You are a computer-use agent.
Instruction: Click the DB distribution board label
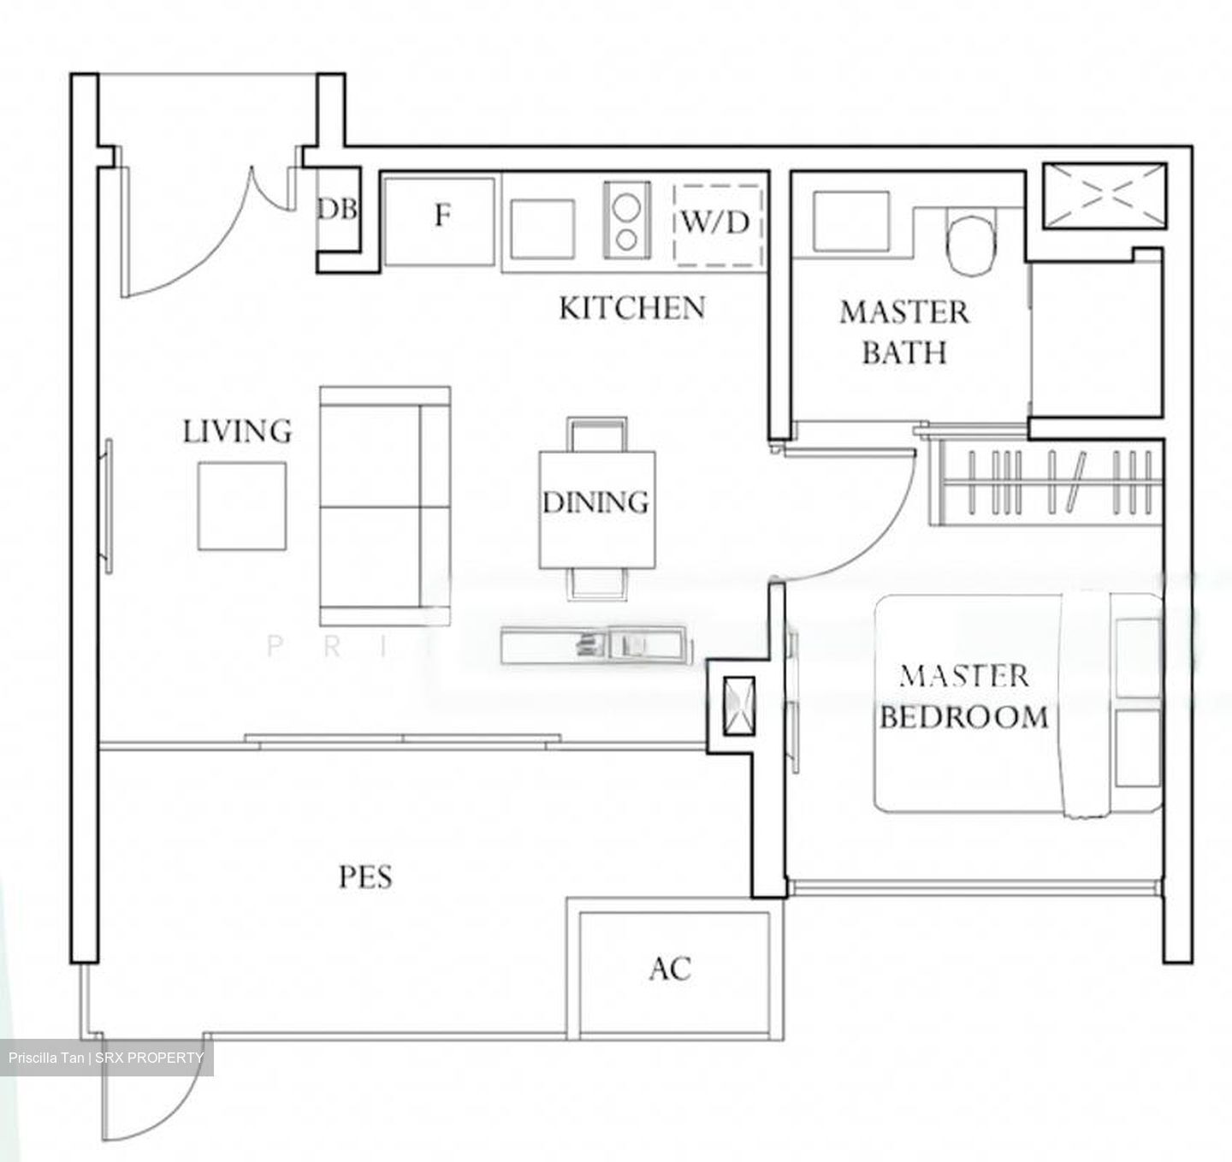(x=338, y=210)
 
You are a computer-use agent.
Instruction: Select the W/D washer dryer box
(x=716, y=224)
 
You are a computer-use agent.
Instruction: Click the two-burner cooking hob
(x=626, y=220)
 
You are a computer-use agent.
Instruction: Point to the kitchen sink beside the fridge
(x=542, y=228)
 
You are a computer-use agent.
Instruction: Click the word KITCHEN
(x=632, y=308)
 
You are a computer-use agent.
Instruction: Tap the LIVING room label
(x=237, y=431)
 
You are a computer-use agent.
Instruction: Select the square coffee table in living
(x=242, y=506)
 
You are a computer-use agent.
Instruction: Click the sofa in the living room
(x=385, y=506)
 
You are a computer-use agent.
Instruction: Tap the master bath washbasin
(x=852, y=221)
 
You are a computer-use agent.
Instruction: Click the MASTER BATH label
(x=903, y=332)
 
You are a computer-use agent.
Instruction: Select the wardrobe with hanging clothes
(x=1051, y=480)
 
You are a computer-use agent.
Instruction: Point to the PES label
(x=365, y=877)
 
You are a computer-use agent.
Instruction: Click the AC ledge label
(x=670, y=969)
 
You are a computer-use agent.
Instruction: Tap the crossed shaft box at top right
(x=1104, y=197)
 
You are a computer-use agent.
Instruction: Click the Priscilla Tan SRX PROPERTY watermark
(x=107, y=1058)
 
